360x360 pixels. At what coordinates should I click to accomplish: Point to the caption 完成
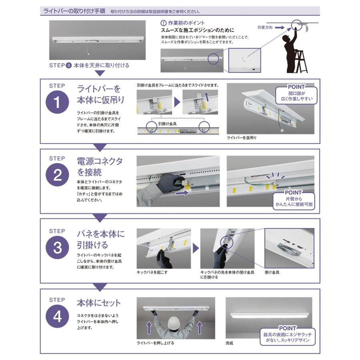click(229, 343)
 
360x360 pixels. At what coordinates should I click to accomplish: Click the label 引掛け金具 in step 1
click(167, 124)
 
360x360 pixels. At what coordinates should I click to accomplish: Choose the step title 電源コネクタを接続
click(100, 167)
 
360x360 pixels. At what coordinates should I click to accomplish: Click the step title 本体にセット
click(98, 303)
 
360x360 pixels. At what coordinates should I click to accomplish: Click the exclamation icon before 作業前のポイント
click(163, 23)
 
